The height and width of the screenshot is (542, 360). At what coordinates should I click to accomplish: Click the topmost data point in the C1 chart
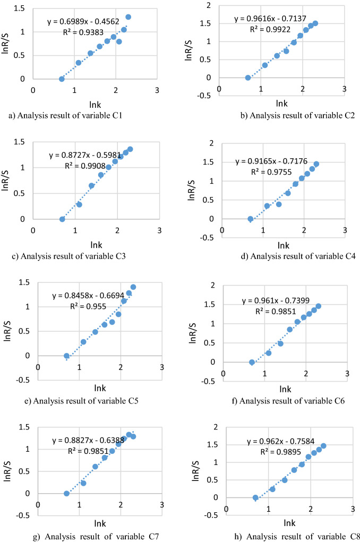[128, 17]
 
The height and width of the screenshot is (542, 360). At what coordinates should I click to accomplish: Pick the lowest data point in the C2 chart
[247, 78]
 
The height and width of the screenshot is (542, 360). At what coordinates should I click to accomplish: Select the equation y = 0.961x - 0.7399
[276, 301]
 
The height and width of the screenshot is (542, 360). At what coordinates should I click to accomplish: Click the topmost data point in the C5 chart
[133, 287]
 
